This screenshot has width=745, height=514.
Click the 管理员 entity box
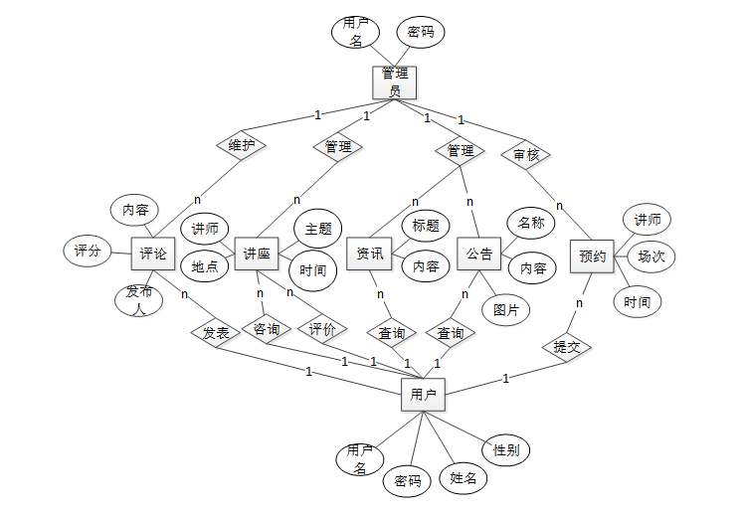(394, 83)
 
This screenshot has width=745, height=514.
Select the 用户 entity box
(423, 395)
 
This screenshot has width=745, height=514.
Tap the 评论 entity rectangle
(153, 254)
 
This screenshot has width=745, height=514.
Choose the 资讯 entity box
(369, 254)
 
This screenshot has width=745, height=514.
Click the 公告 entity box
(479, 254)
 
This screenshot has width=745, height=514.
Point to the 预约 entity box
(592, 256)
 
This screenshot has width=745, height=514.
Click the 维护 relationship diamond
(241, 145)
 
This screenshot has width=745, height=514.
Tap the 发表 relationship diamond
(216, 333)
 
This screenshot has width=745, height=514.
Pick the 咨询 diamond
(267, 329)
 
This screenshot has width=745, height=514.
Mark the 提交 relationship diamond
(567, 347)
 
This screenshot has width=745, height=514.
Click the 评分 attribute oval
(88, 252)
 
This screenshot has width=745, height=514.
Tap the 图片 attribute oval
(506, 309)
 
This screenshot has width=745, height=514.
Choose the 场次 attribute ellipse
(651, 256)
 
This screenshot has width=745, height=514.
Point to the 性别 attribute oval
(505, 450)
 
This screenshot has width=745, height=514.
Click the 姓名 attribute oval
(464, 478)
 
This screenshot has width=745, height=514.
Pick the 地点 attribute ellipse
(205, 265)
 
